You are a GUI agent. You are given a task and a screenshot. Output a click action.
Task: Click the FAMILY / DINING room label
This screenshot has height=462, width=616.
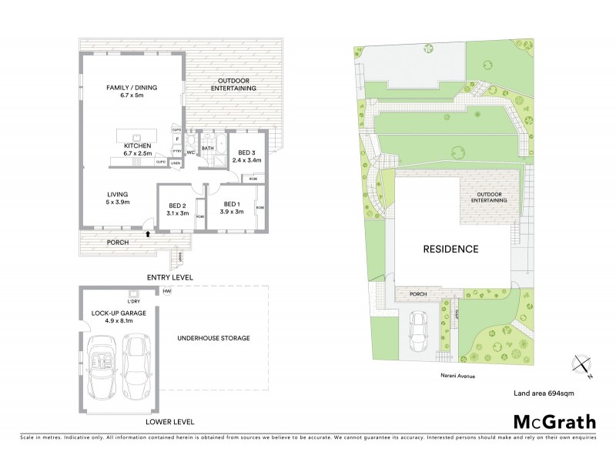click(x=131, y=89)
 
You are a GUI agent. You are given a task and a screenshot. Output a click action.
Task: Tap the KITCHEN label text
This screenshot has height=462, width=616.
click(x=138, y=146)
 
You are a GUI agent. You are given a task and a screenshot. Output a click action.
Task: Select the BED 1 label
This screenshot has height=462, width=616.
click(x=230, y=204)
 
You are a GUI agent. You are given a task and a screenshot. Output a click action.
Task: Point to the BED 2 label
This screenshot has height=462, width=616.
click(x=178, y=206)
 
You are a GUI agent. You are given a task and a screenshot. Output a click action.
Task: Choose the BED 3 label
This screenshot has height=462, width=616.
click(x=247, y=152)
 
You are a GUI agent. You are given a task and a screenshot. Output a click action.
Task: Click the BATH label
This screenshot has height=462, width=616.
click(x=207, y=148)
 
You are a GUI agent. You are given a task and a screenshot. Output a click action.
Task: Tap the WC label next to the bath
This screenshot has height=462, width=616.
click(x=189, y=152)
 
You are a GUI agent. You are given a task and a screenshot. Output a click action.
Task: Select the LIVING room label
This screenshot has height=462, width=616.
click(x=118, y=194)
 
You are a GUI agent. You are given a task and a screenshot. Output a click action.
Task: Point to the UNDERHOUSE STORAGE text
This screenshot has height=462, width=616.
click(x=213, y=338)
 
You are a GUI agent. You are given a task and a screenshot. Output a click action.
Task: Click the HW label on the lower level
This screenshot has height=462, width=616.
click(x=166, y=291)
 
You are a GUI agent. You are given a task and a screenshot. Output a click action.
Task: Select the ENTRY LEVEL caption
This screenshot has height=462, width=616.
click(x=171, y=276)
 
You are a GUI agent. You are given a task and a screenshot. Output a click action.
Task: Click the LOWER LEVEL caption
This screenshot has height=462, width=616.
click(x=170, y=422)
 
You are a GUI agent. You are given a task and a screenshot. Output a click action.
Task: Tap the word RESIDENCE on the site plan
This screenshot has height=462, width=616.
click(x=450, y=249)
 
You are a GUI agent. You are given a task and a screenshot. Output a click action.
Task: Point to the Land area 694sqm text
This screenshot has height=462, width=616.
click(x=544, y=393)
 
